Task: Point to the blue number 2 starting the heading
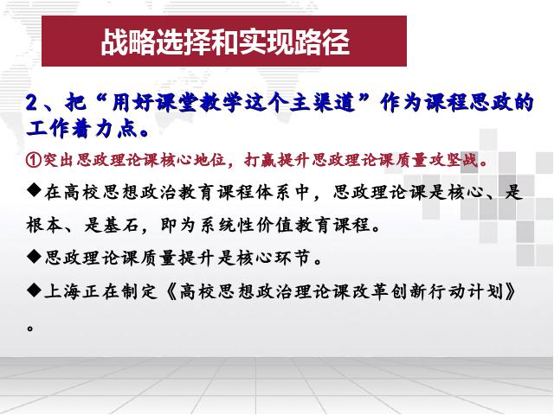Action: click(x=32, y=103)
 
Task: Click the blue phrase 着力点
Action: click(x=105, y=129)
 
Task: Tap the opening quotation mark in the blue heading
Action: click(x=101, y=98)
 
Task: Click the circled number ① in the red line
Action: click(x=34, y=160)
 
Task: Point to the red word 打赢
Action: click(x=260, y=160)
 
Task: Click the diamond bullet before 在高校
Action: click(x=35, y=191)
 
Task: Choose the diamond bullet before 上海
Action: click(x=35, y=290)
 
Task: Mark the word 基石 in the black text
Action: click(x=120, y=225)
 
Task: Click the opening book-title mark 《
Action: click(x=171, y=292)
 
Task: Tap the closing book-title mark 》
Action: click(x=511, y=292)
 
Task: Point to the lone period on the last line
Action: click(x=30, y=329)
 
